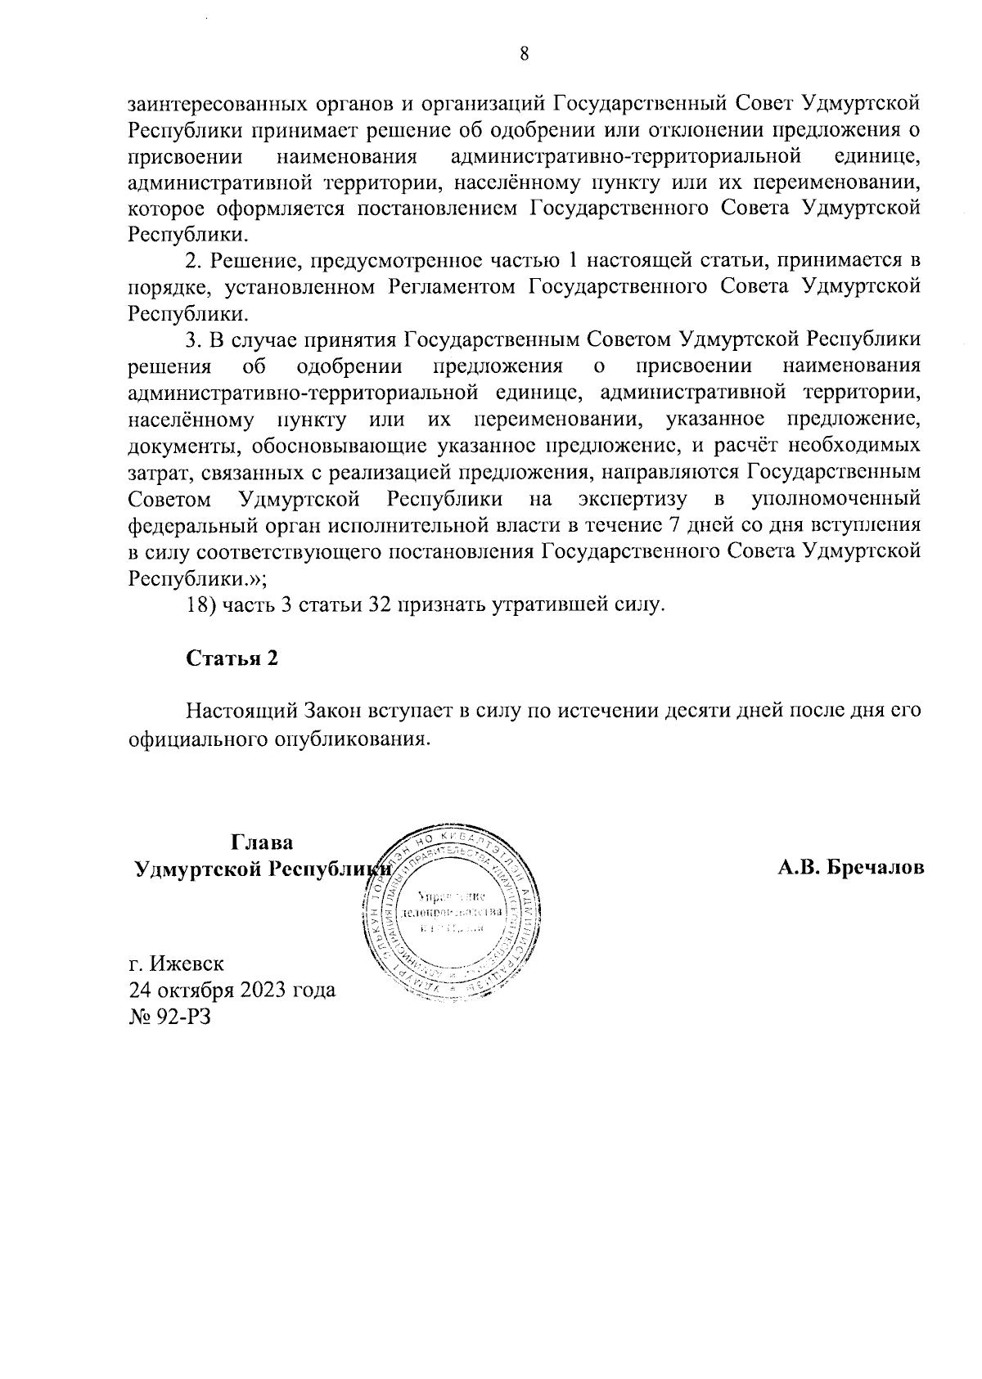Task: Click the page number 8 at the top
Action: click(x=525, y=55)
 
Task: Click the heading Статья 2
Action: click(x=232, y=659)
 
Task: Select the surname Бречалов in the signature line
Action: click(x=877, y=868)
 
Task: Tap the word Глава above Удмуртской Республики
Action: click(x=262, y=842)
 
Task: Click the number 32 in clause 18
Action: click(x=363, y=606)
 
